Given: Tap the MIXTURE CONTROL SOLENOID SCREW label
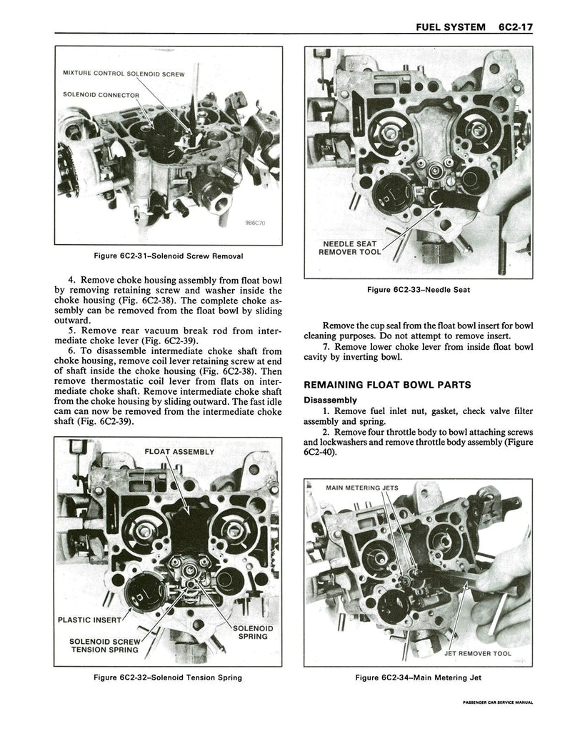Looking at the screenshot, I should point(124,73).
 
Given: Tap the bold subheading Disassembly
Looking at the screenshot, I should point(330,400).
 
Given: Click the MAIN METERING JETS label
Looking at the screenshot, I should point(361,488).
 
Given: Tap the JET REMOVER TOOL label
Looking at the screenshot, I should point(478,652).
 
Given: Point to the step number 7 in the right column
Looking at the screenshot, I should point(326,348).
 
